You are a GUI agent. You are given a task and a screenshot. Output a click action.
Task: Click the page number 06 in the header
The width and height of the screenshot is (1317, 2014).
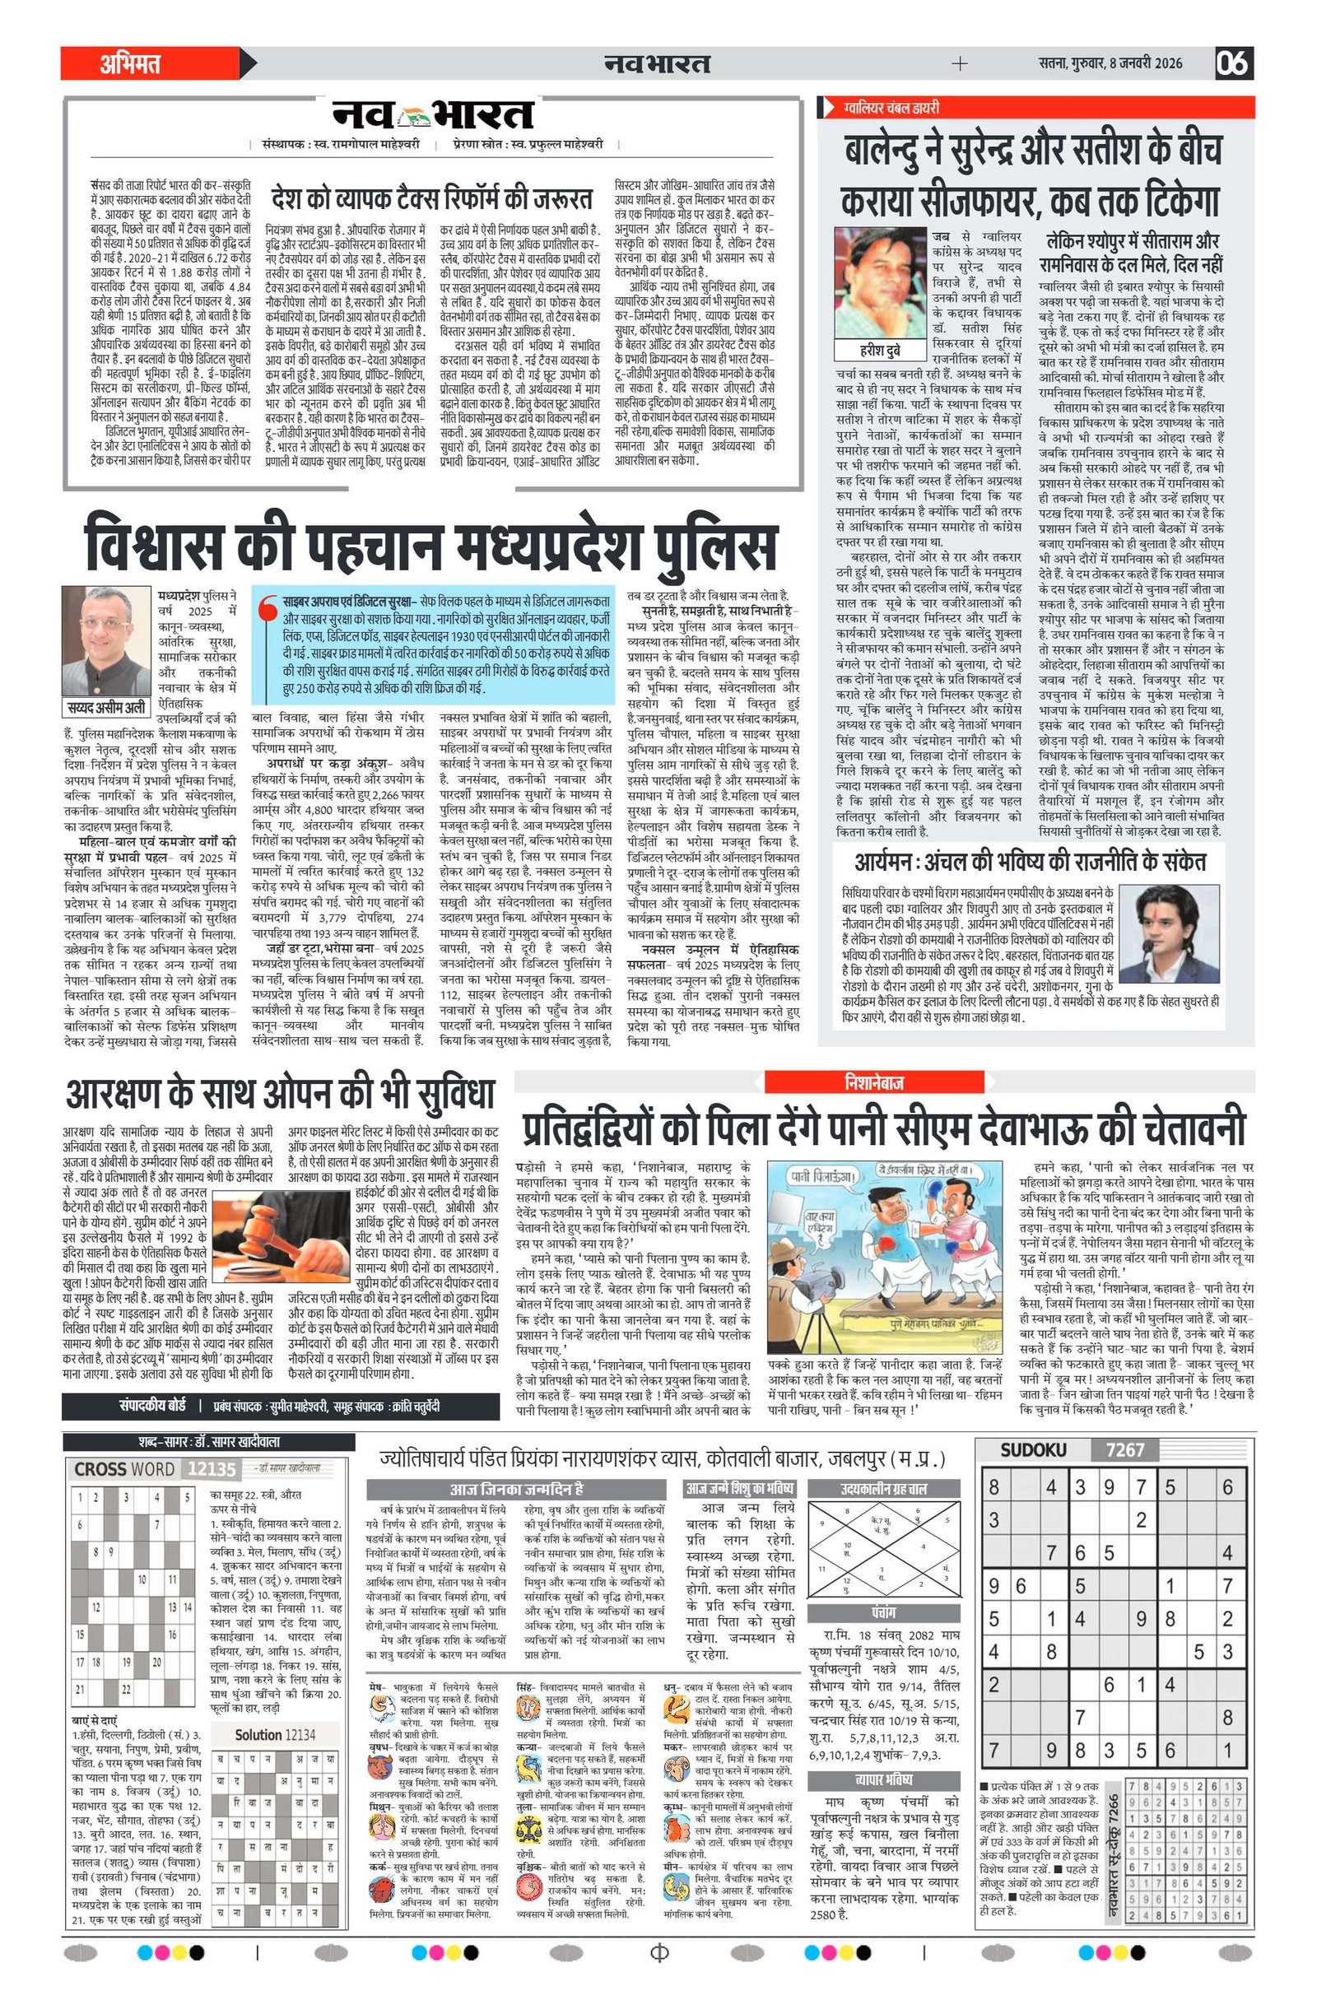(1234, 63)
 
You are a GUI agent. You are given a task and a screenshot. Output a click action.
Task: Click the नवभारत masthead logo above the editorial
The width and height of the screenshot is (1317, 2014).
(432, 117)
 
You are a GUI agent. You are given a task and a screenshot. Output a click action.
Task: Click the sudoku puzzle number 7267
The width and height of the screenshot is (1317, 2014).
(1125, 1450)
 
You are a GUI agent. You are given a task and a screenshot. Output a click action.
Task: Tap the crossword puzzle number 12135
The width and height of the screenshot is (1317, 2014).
(212, 1469)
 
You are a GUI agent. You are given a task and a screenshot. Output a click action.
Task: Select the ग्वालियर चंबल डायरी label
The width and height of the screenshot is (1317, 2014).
(891, 108)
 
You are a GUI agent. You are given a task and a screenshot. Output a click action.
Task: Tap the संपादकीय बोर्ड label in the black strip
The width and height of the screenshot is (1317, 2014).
(152, 1406)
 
